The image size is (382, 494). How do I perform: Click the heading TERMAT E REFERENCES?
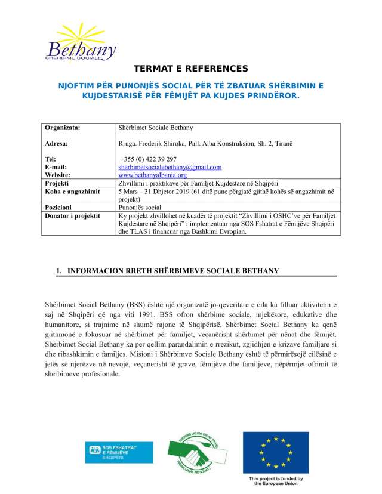pos(191,69)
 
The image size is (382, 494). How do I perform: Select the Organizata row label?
pos(63,128)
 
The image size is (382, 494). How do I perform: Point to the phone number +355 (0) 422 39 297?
pos(147,159)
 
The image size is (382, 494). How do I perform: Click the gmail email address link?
pos(170,168)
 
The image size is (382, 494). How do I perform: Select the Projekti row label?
pos(59,183)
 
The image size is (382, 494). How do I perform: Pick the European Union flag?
pos(275,451)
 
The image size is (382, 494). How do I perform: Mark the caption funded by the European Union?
pos(275,481)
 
